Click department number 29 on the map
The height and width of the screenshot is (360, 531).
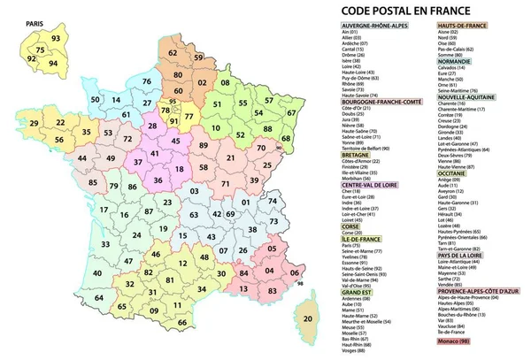pyautogui.click(x=35, y=123)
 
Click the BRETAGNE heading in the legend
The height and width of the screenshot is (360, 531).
pyautogui.click(x=357, y=153)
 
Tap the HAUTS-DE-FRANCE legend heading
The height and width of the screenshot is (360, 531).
pyautogui.click(x=463, y=27)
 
